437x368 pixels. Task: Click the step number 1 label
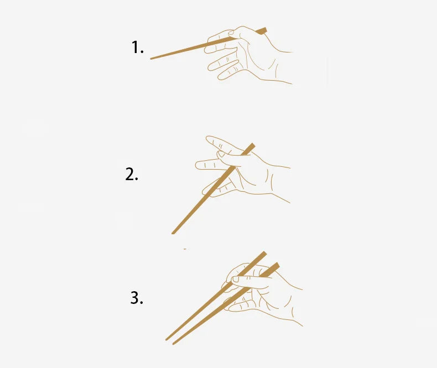click(x=137, y=47)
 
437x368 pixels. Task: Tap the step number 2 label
click(x=132, y=175)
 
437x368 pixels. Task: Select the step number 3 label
click(x=137, y=298)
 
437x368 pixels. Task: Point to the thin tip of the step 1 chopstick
click(x=151, y=59)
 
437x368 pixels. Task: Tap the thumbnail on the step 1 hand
click(x=231, y=33)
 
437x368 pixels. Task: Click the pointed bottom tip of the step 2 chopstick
click(x=173, y=233)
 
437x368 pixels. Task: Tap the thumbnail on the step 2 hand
click(x=221, y=154)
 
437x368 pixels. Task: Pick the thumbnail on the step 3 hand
click(x=236, y=279)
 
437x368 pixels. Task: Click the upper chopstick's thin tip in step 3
click(x=167, y=340)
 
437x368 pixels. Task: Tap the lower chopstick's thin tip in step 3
click(x=173, y=344)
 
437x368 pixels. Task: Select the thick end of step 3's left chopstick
click(x=263, y=254)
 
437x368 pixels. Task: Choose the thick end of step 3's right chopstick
click(x=276, y=266)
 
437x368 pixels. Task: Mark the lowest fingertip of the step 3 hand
click(x=230, y=308)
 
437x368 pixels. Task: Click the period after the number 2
click(x=137, y=180)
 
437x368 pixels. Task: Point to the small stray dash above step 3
click(x=185, y=249)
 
